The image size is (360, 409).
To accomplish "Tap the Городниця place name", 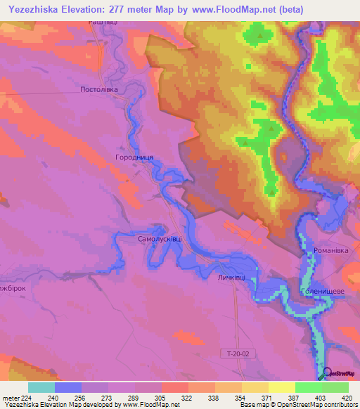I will pyautogui.click(x=134, y=158).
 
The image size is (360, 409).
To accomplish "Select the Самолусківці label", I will pyautogui.click(x=160, y=239).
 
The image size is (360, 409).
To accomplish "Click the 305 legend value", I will pyautogui.click(x=161, y=398).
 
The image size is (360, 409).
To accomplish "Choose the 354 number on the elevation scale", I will pyautogui.click(x=241, y=398).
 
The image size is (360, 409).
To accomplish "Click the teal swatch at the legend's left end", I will pyautogui.click(x=41, y=387).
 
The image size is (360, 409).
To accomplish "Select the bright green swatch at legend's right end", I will pyautogui.click(x=335, y=387).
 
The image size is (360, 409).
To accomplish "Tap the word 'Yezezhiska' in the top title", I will pyautogui.click(x=40, y=9).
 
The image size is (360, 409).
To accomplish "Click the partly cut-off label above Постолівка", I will pyautogui.click(x=102, y=23).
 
